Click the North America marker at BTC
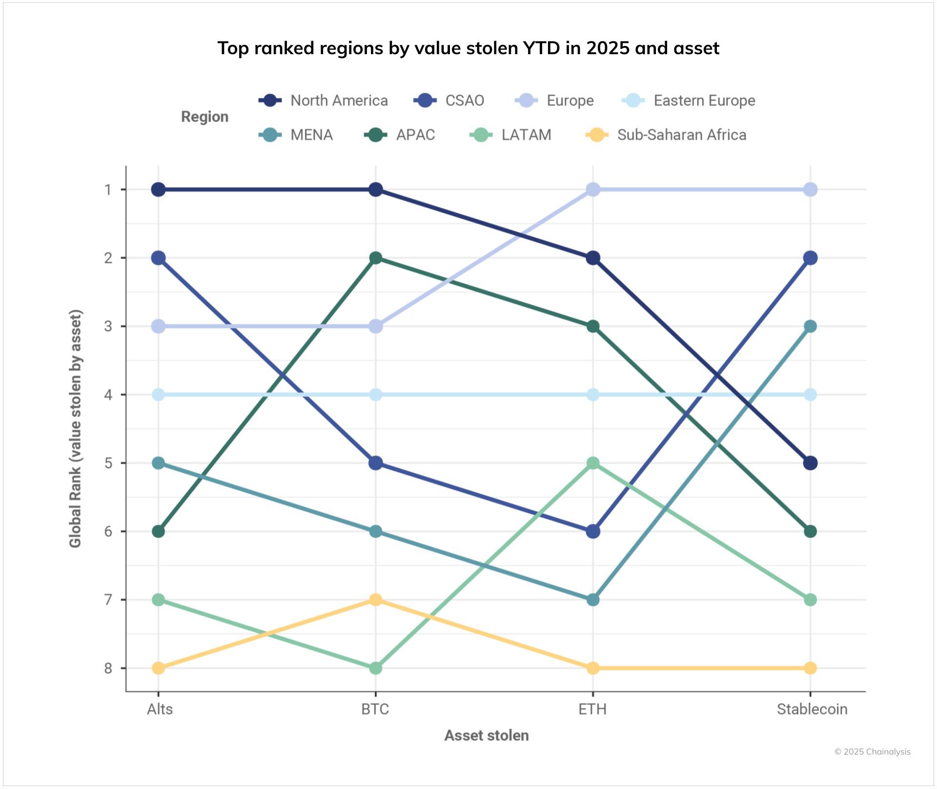point(375,189)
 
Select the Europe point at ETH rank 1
point(592,189)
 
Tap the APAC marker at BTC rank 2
point(375,258)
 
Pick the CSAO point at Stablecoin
point(810,258)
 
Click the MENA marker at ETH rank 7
point(592,600)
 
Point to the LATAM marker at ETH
point(592,463)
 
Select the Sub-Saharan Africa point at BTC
point(375,600)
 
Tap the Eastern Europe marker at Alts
point(158,394)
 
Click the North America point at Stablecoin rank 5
point(810,463)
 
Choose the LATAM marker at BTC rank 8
point(375,668)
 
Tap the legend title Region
point(204,117)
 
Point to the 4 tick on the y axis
point(108,394)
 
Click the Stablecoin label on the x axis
point(812,709)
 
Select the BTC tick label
point(375,709)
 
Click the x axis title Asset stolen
point(486,735)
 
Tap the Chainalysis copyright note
point(872,752)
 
